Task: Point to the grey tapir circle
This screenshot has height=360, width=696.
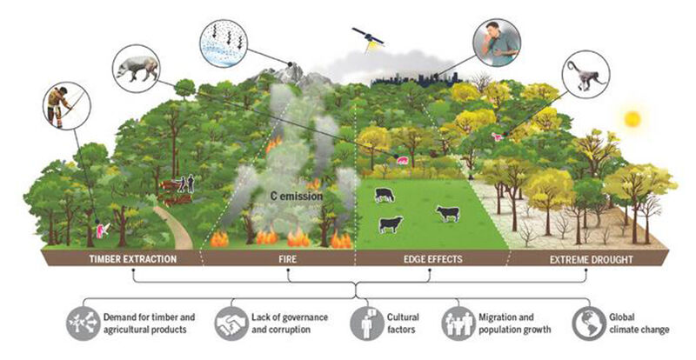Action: (x=137, y=69)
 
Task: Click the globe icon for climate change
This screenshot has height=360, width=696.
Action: (x=590, y=323)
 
